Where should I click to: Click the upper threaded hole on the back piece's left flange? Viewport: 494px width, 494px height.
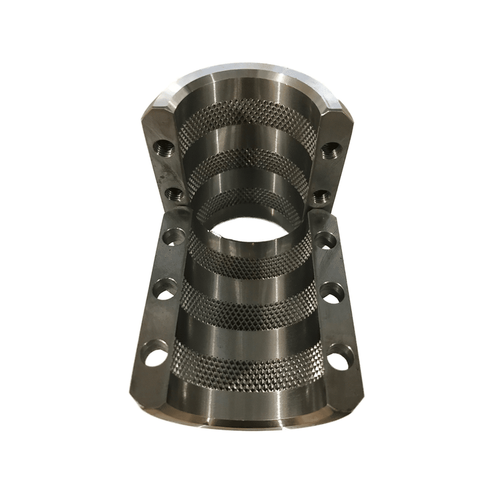click(164, 148)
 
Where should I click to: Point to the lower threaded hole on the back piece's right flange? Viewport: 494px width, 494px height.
click(320, 196)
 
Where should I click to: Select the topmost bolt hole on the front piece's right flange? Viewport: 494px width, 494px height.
click(325, 240)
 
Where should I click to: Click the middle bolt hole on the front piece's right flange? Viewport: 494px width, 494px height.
click(332, 292)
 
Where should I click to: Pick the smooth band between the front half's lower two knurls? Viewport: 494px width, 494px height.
click(247, 337)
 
